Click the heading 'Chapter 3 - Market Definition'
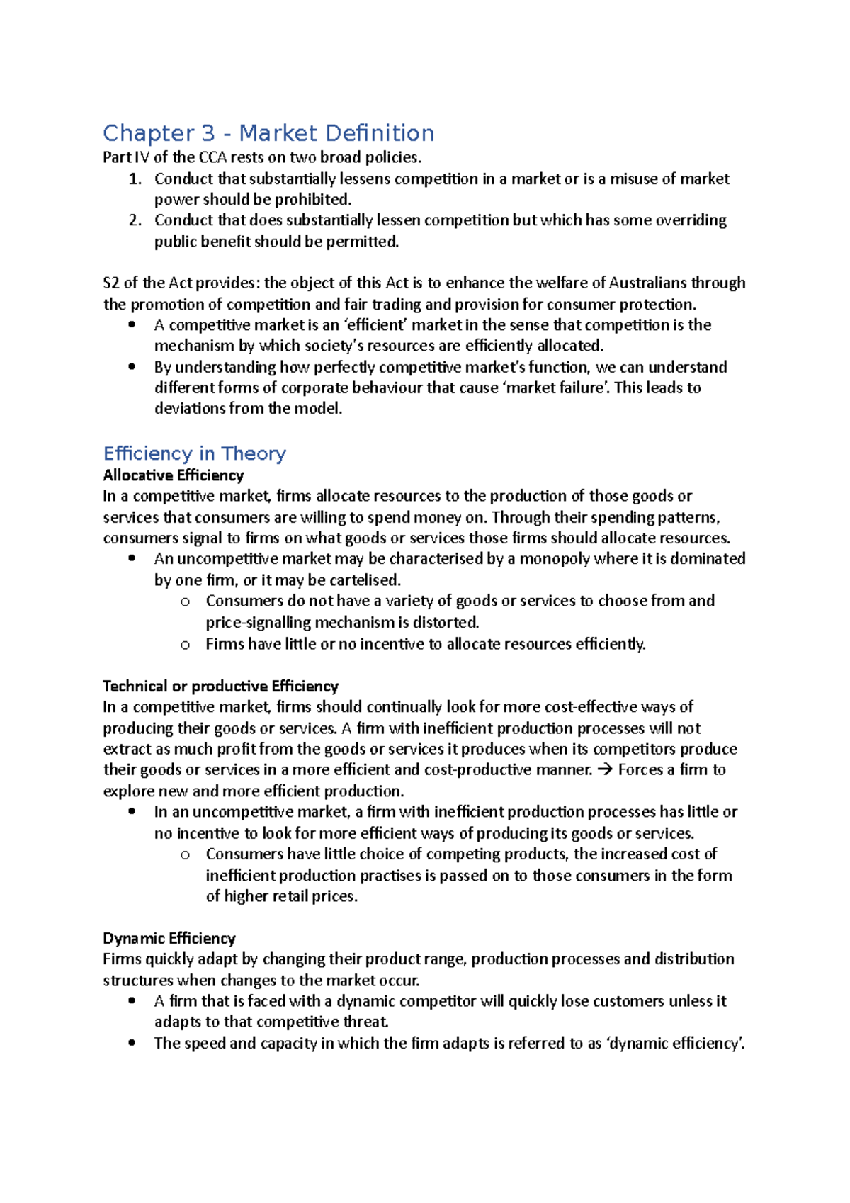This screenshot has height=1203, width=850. (x=268, y=133)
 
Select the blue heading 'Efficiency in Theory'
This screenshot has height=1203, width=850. (x=194, y=453)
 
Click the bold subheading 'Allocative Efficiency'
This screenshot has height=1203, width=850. (x=173, y=475)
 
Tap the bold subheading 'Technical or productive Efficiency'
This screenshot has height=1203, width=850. (x=220, y=686)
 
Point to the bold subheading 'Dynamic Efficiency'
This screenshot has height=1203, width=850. (x=169, y=938)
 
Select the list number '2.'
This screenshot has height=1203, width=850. (x=136, y=220)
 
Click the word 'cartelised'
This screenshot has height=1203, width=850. (x=363, y=580)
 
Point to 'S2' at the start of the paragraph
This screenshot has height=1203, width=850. (x=111, y=283)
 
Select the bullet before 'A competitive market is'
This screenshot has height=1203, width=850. (x=132, y=325)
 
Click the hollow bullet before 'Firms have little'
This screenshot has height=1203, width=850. (x=185, y=645)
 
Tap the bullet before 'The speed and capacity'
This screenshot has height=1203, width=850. (x=132, y=1043)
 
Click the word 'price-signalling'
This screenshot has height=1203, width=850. (x=258, y=623)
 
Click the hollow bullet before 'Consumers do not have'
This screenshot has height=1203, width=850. (x=185, y=601)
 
